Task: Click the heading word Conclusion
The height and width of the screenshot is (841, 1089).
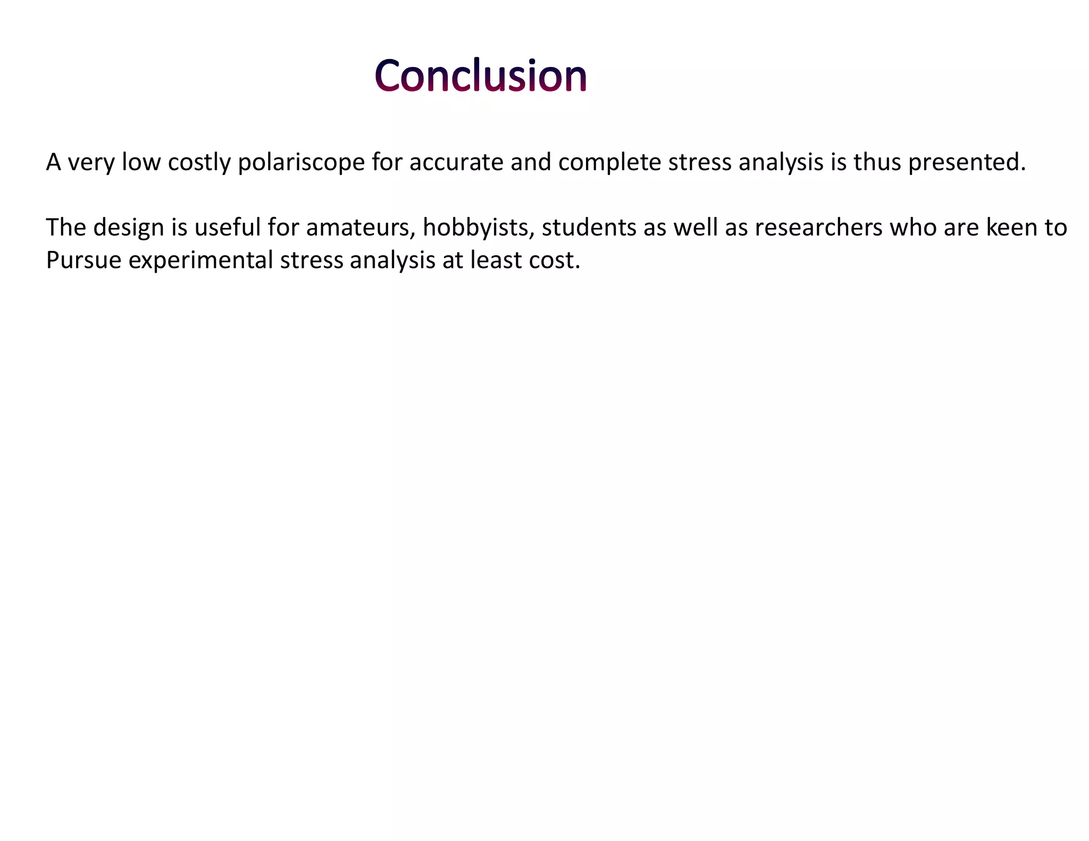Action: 480,75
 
